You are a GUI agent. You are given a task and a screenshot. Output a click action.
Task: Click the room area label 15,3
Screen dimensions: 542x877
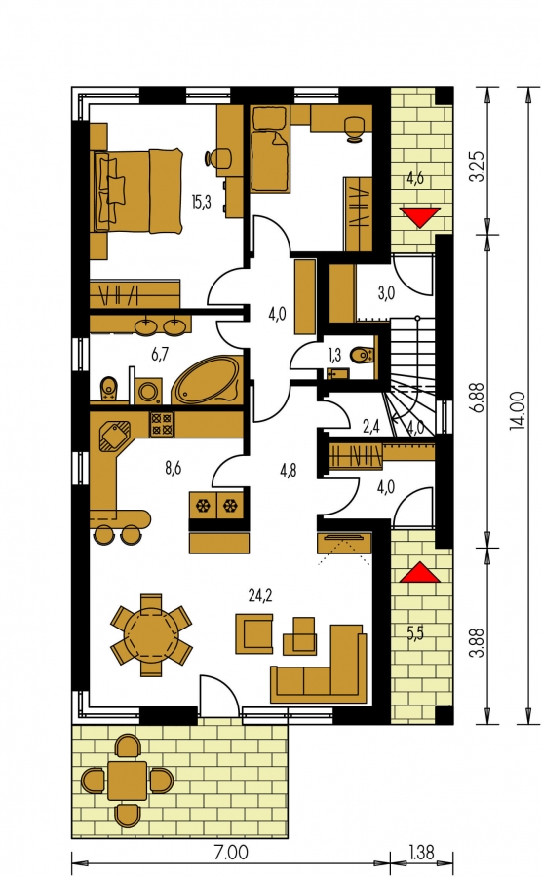point(201,202)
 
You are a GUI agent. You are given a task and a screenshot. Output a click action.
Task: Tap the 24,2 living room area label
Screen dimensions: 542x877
point(260,596)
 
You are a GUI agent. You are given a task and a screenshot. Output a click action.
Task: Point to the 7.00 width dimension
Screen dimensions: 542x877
point(230,854)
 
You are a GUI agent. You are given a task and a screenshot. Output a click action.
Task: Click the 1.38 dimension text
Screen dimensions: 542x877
point(420,853)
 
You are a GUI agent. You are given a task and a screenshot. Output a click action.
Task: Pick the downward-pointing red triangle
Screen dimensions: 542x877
point(420,217)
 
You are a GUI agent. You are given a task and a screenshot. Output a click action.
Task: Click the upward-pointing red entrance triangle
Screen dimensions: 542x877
point(419,573)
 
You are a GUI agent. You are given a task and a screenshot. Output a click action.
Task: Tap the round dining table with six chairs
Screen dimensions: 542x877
point(151,635)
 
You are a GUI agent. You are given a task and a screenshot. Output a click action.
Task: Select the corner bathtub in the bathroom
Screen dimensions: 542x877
point(207,379)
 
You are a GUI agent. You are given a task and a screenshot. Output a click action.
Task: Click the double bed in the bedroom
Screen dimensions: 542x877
point(138,190)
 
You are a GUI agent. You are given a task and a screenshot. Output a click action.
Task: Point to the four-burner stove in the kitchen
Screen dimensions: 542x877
point(162,424)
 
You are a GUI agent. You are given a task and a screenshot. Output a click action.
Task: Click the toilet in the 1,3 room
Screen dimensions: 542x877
point(363,354)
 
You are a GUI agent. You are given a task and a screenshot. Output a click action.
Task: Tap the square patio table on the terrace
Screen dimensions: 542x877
point(127,781)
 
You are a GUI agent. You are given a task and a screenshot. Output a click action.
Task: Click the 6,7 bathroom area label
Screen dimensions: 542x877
point(160,354)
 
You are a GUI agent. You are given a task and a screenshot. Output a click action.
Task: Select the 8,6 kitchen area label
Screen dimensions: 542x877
point(173,468)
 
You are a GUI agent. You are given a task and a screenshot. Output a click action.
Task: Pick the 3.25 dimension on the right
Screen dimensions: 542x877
point(477,167)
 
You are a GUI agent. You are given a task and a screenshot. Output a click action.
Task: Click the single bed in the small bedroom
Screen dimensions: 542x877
point(271,160)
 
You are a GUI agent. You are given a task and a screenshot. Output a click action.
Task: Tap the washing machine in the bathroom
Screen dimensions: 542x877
point(149,391)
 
